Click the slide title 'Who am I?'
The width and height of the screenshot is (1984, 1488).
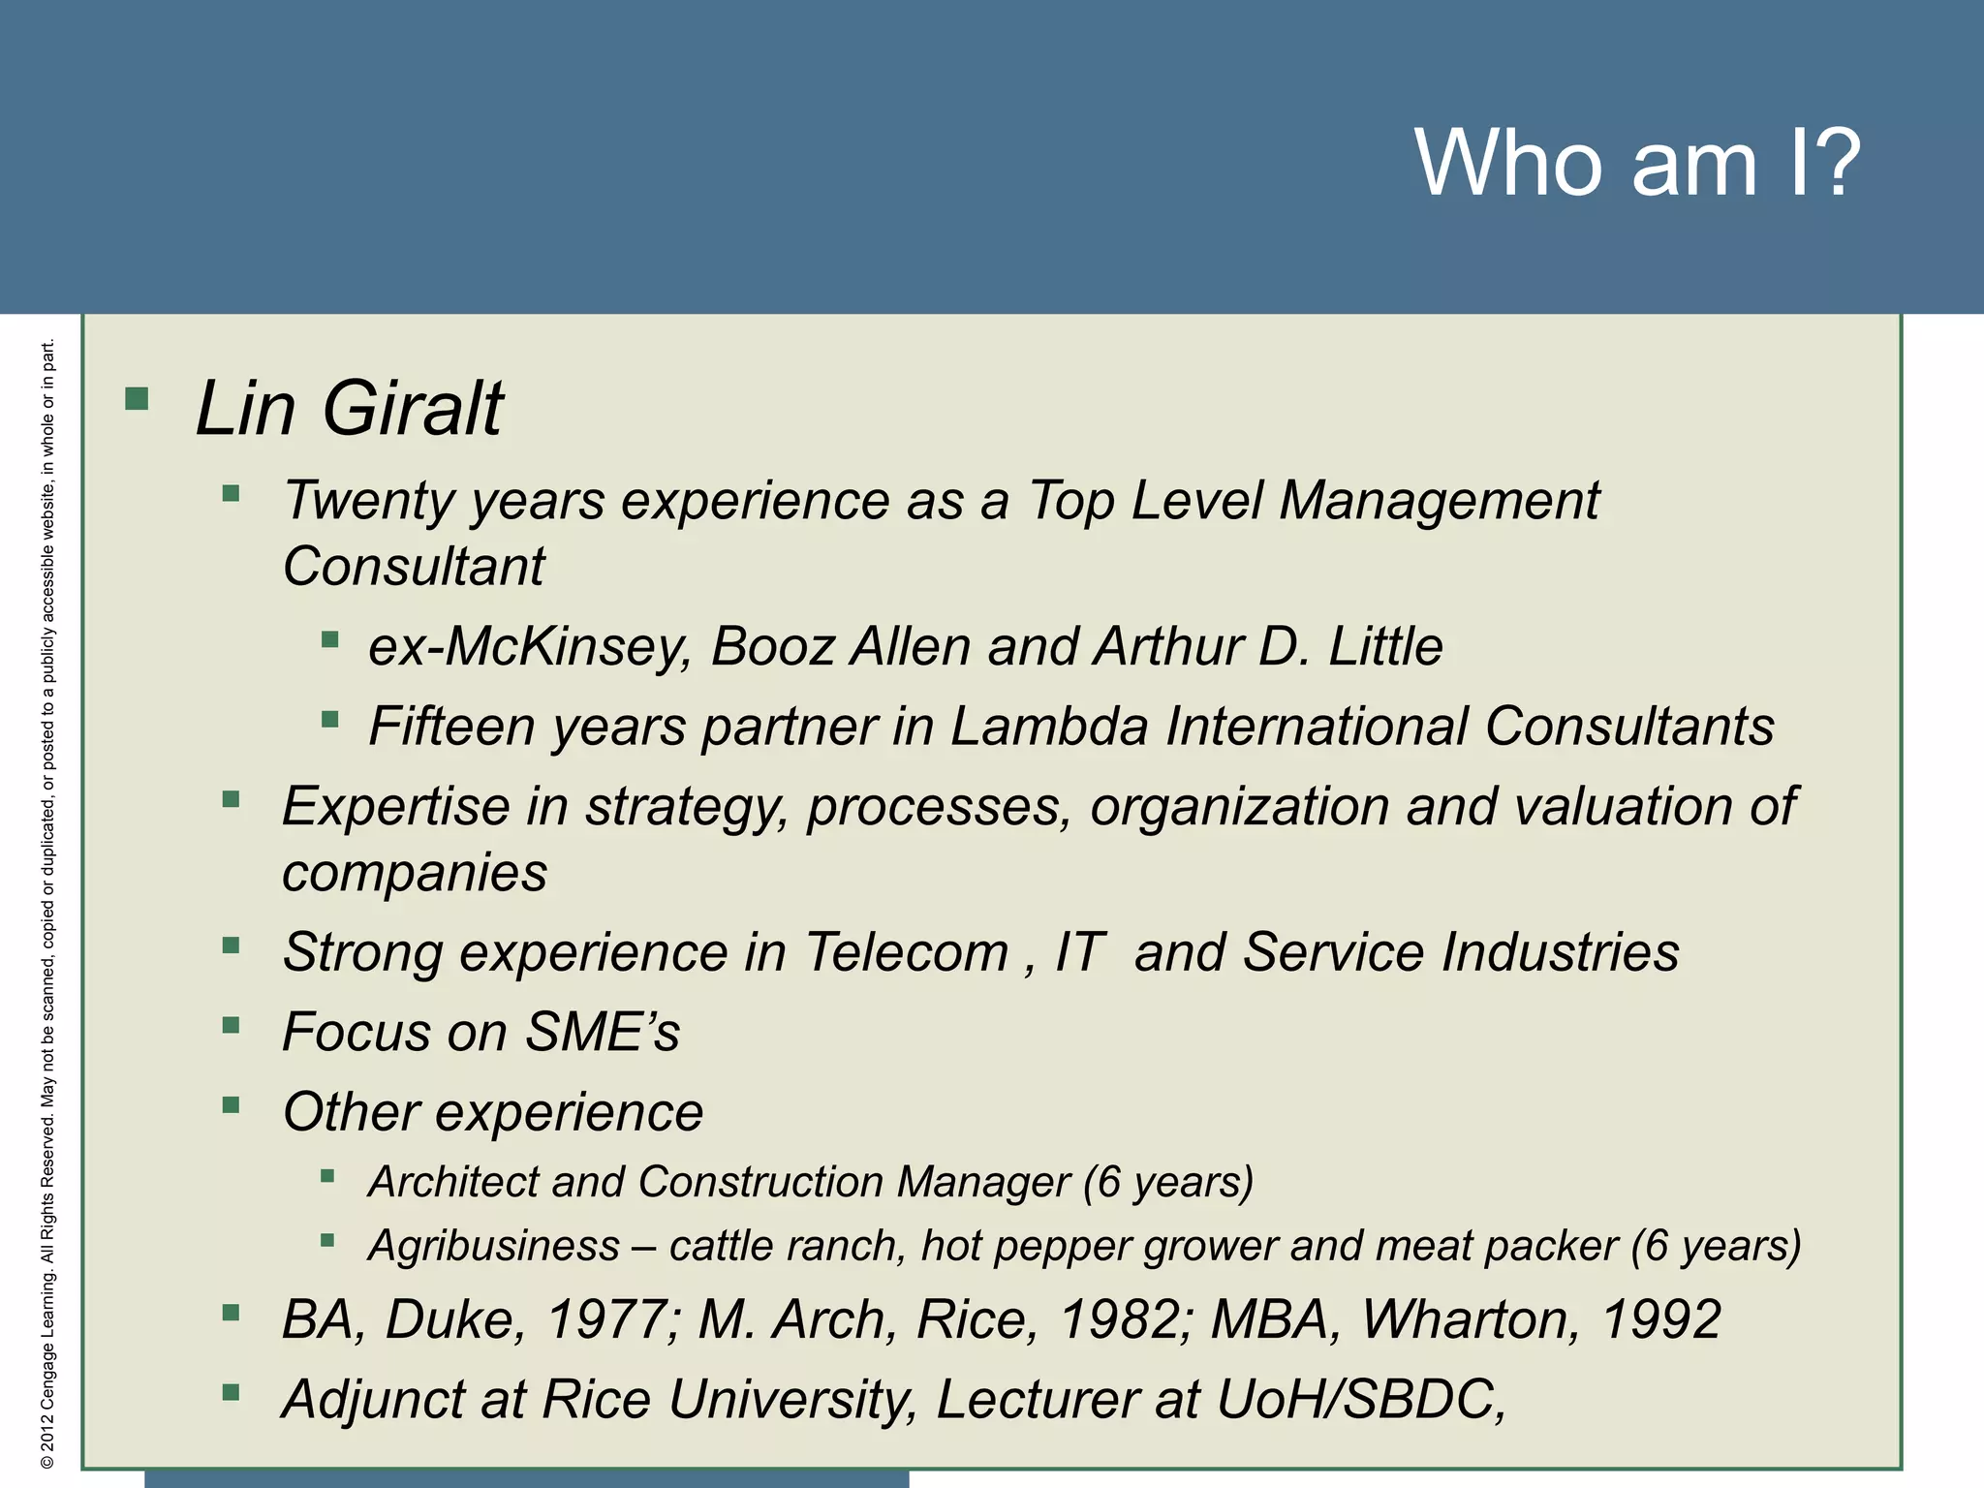pyautogui.click(x=1637, y=163)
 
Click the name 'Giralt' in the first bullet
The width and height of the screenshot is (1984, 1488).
pyautogui.click(x=412, y=409)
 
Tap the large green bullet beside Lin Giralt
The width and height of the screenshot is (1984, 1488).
pyautogui.click(x=137, y=398)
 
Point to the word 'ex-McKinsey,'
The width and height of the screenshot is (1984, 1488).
pyautogui.click(x=530, y=647)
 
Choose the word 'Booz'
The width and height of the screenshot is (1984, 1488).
pyautogui.click(x=772, y=647)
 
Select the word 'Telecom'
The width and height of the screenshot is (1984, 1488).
pyautogui.click(x=907, y=952)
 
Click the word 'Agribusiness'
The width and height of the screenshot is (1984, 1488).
pyautogui.click(x=494, y=1246)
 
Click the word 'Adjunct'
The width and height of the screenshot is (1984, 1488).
pyautogui.click(x=403, y=1401)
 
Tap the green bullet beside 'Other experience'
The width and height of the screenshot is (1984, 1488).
pyautogui.click(x=231, y=1105)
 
